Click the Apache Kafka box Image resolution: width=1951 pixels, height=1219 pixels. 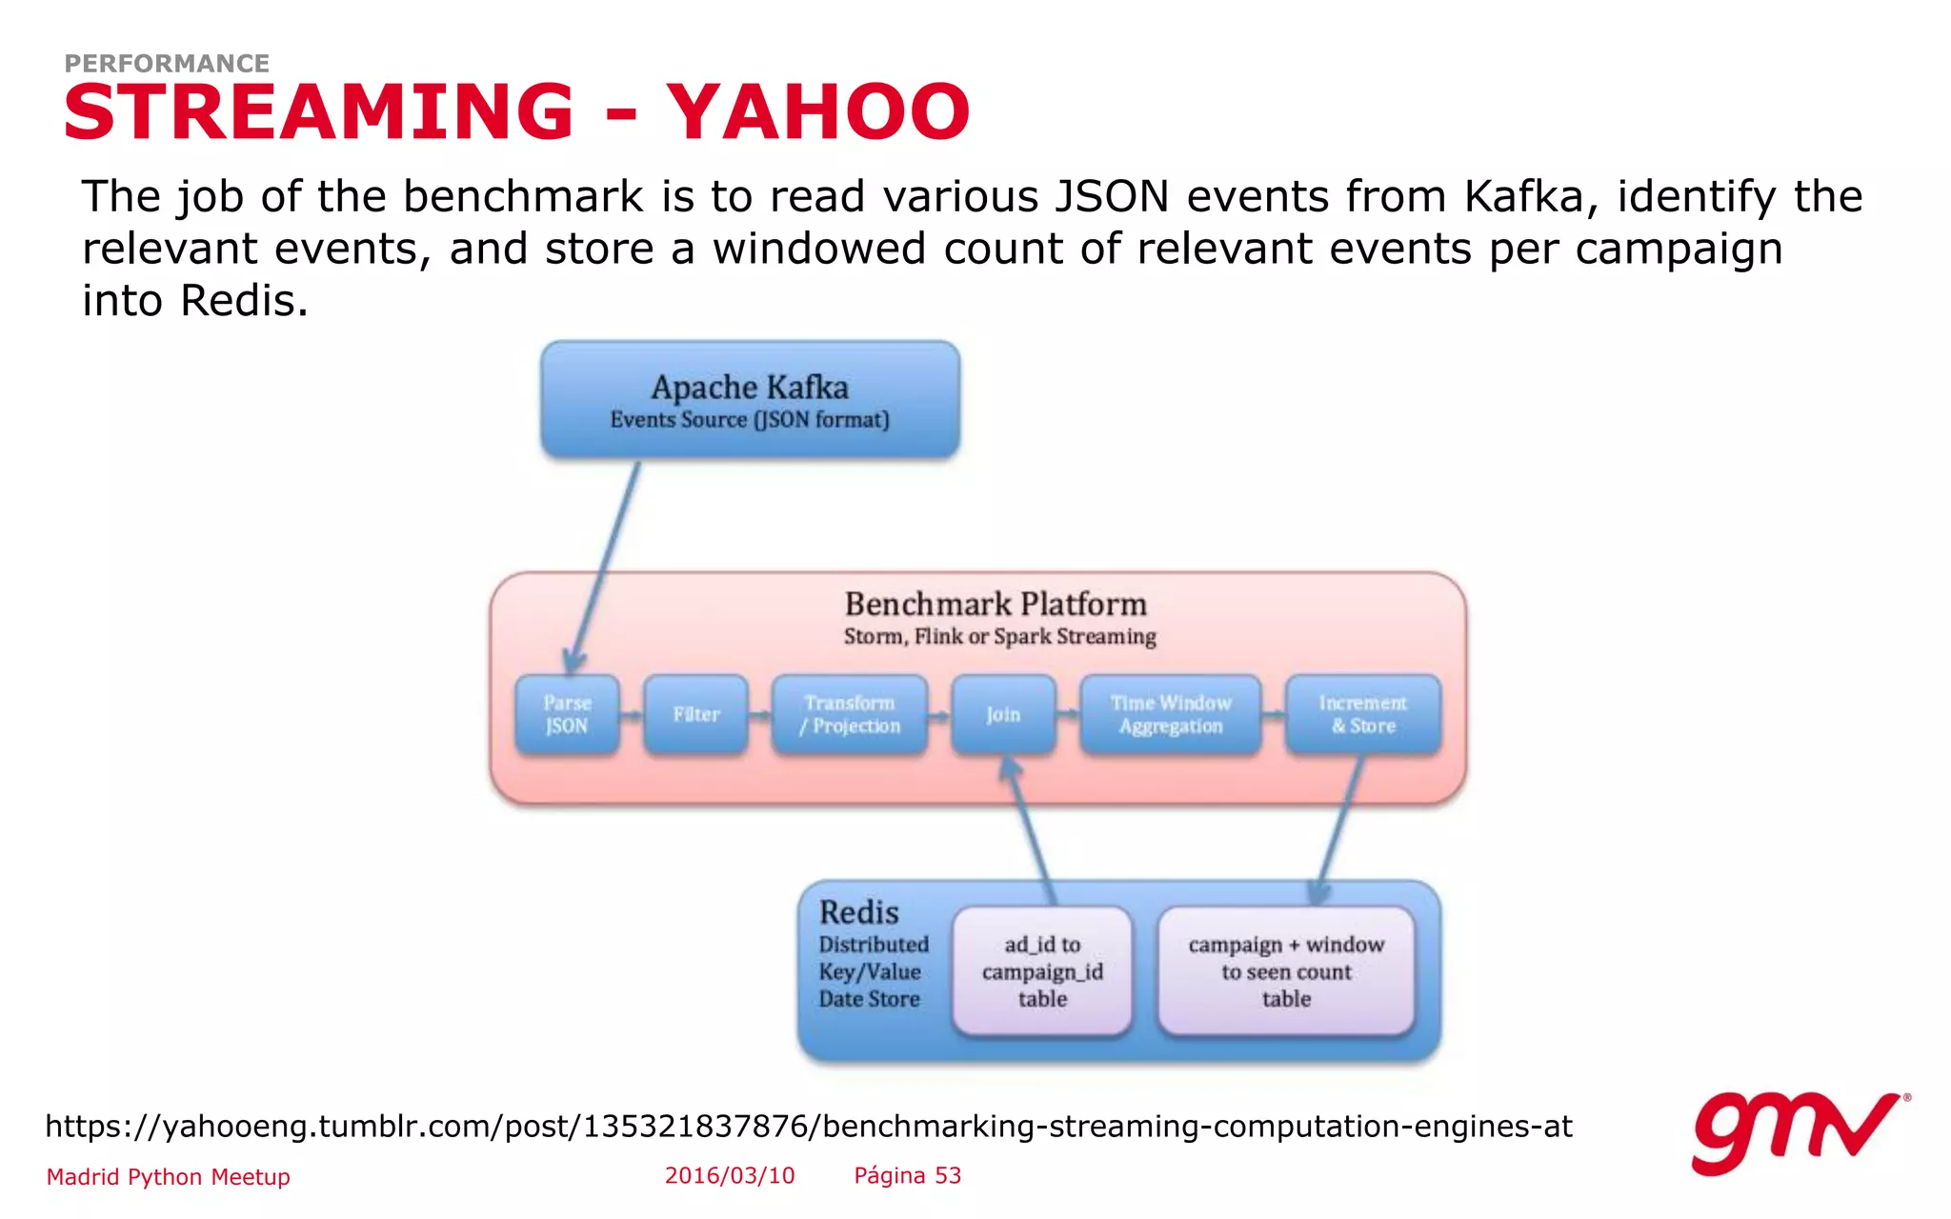[x=750, y=400]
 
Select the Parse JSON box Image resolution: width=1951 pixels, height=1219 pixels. [x=567, y=714]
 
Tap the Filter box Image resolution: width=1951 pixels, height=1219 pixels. [x=695, y=714]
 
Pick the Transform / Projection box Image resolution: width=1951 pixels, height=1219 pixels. [x=849, y=714]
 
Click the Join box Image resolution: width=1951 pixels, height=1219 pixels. [x=1003, y=714]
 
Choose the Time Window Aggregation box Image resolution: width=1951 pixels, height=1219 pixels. [x=1170, y=714]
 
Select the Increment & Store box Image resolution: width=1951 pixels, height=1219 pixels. [x=1362, y=714]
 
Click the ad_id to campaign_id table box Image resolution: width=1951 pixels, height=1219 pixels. [x=1042, y=971]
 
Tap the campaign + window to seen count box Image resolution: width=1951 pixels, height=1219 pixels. [x=1286, y=971]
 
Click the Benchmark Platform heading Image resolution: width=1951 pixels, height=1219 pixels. [x=996, y=605]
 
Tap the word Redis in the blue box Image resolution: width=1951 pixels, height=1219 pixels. [x=858, y=912]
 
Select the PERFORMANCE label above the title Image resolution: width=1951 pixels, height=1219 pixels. [x=167, y=64]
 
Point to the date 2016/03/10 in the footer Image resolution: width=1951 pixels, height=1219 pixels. [x=730, y=1176]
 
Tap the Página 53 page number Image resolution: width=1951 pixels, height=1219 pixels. [x=907, y=1176]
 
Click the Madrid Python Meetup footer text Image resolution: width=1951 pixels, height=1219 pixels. [x=169, y=1177]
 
